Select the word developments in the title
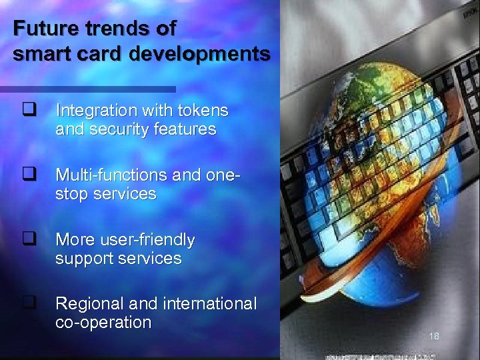(200, 53)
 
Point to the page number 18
(434, 336)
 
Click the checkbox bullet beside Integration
(28, 109)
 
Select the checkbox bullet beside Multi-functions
(28, 174)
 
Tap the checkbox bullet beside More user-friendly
(28, 238)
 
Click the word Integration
(93, 110)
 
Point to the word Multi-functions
(111, 175)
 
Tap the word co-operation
(103, 323)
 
